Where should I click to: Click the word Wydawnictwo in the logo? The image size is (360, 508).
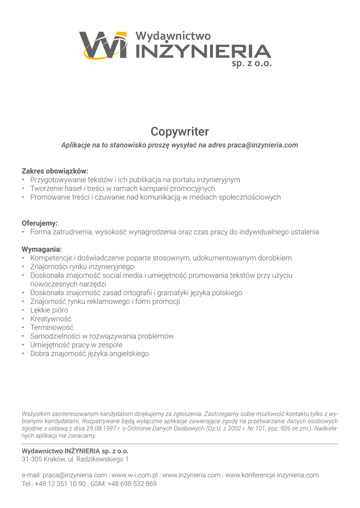pyautogui.click(x=173, y=36)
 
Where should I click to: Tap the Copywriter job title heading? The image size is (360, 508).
pyautogui.click(x=180, y=131)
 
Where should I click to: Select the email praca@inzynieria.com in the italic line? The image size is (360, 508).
pyautogui.click(x=263, y=145)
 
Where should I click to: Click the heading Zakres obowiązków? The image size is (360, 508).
pyautogui.click(x=55, y=171)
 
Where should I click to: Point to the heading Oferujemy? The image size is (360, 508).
pyautogui.click(x=40, y=223)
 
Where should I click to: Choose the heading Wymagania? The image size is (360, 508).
pyautogui.click(x=42, y=249)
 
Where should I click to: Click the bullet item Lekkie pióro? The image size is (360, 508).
pyautogui.click(x=49, y=310)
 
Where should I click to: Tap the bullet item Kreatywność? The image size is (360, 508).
pyautogui.click(x=51, y=318)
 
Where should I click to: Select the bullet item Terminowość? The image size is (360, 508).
pyautogui.click(x=52, y=327)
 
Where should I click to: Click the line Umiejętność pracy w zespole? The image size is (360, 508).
pyautogui.click(x=76, y=345)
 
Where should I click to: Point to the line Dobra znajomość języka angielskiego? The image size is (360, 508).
pyautogui.click(x=89, y=354)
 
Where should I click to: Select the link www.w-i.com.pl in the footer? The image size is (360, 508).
pyautogui.click(x=135, y=475)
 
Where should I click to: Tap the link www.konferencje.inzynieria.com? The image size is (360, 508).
pyautogui.click(x=272, y=475)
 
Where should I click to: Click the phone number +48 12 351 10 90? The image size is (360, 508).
pyautogui.click(x=60, y=484)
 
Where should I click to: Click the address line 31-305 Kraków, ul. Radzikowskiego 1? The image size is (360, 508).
pyautogui.click(x=75, y=459)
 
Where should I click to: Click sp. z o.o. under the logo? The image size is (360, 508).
pyautogui.click(x=251, y=64)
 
